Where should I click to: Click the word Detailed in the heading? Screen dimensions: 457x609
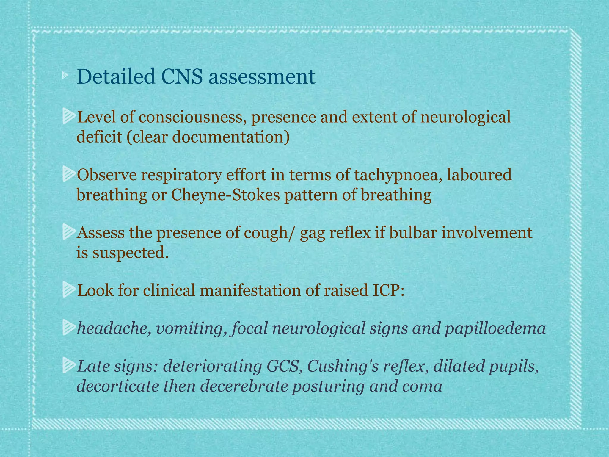click(x=116, y=77)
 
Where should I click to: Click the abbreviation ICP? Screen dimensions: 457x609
click(x=388, y=290)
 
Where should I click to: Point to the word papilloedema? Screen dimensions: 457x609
click(x=495, y=328)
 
